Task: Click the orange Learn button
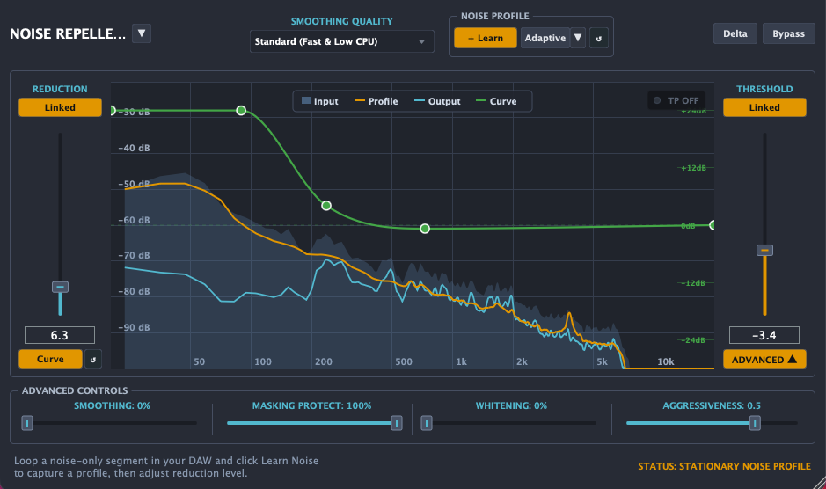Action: point(486,38)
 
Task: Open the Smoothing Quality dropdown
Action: point(341,41)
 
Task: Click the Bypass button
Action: point(788,33)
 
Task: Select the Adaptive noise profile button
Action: point(545,38)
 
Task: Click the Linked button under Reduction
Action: point(60,107)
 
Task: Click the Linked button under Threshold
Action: point(764,107)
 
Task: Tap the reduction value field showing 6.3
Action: point(60,335)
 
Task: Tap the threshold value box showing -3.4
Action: point(764,335)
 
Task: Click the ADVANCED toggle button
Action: point(764,360)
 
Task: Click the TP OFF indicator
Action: point(676,100)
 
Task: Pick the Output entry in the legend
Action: point(437,101)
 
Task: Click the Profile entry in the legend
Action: point(376,101)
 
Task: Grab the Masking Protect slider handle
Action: point(397,423)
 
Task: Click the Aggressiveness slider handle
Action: point(755,423)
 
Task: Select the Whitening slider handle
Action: point(427,423)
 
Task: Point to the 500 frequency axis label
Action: point(404,361)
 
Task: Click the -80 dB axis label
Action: point(134,291)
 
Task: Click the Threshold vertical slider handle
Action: point(764,251)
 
